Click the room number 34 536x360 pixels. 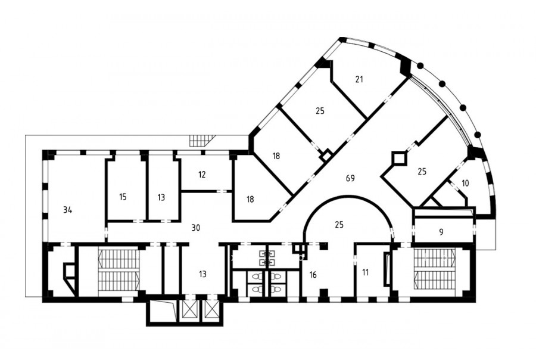coord(68,210)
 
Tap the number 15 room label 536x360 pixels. coord(123,197)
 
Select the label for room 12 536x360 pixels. coord(202,175)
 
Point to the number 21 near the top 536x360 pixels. coord(359,79)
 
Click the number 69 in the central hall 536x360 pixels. coord(350,178)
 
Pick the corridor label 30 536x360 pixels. coord(195,228)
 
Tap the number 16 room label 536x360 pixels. coord(313,274)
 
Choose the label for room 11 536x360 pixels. coord(366,272)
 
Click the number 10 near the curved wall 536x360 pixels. coord(465,183)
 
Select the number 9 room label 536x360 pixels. coord(441,232)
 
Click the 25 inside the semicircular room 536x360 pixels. coord(339,225)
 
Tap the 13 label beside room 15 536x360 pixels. coord(161,197)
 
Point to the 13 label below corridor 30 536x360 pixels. coord(202,274)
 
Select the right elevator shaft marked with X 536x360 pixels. coord(210,311)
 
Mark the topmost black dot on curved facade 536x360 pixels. coord(420,66)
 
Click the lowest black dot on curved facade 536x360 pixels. coord(478,134)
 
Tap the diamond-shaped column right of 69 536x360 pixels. coord(398,159)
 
